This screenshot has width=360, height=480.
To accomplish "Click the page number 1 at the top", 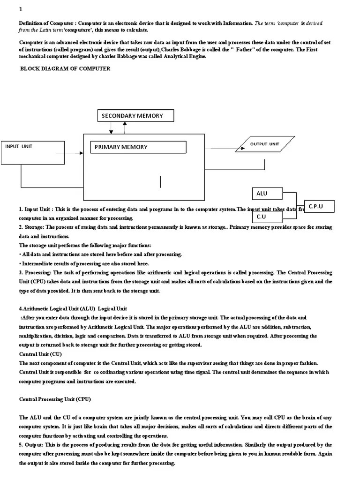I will pos(20,10).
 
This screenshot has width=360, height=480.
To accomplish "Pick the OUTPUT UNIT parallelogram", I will pos(265,144).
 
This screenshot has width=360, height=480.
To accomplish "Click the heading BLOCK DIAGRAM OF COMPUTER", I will pos(65,68).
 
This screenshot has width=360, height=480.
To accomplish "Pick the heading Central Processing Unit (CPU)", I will pos(55,399).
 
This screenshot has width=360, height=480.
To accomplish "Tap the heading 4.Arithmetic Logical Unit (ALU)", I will pos(57,308).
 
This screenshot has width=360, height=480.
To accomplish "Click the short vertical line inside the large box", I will pos(160,181).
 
